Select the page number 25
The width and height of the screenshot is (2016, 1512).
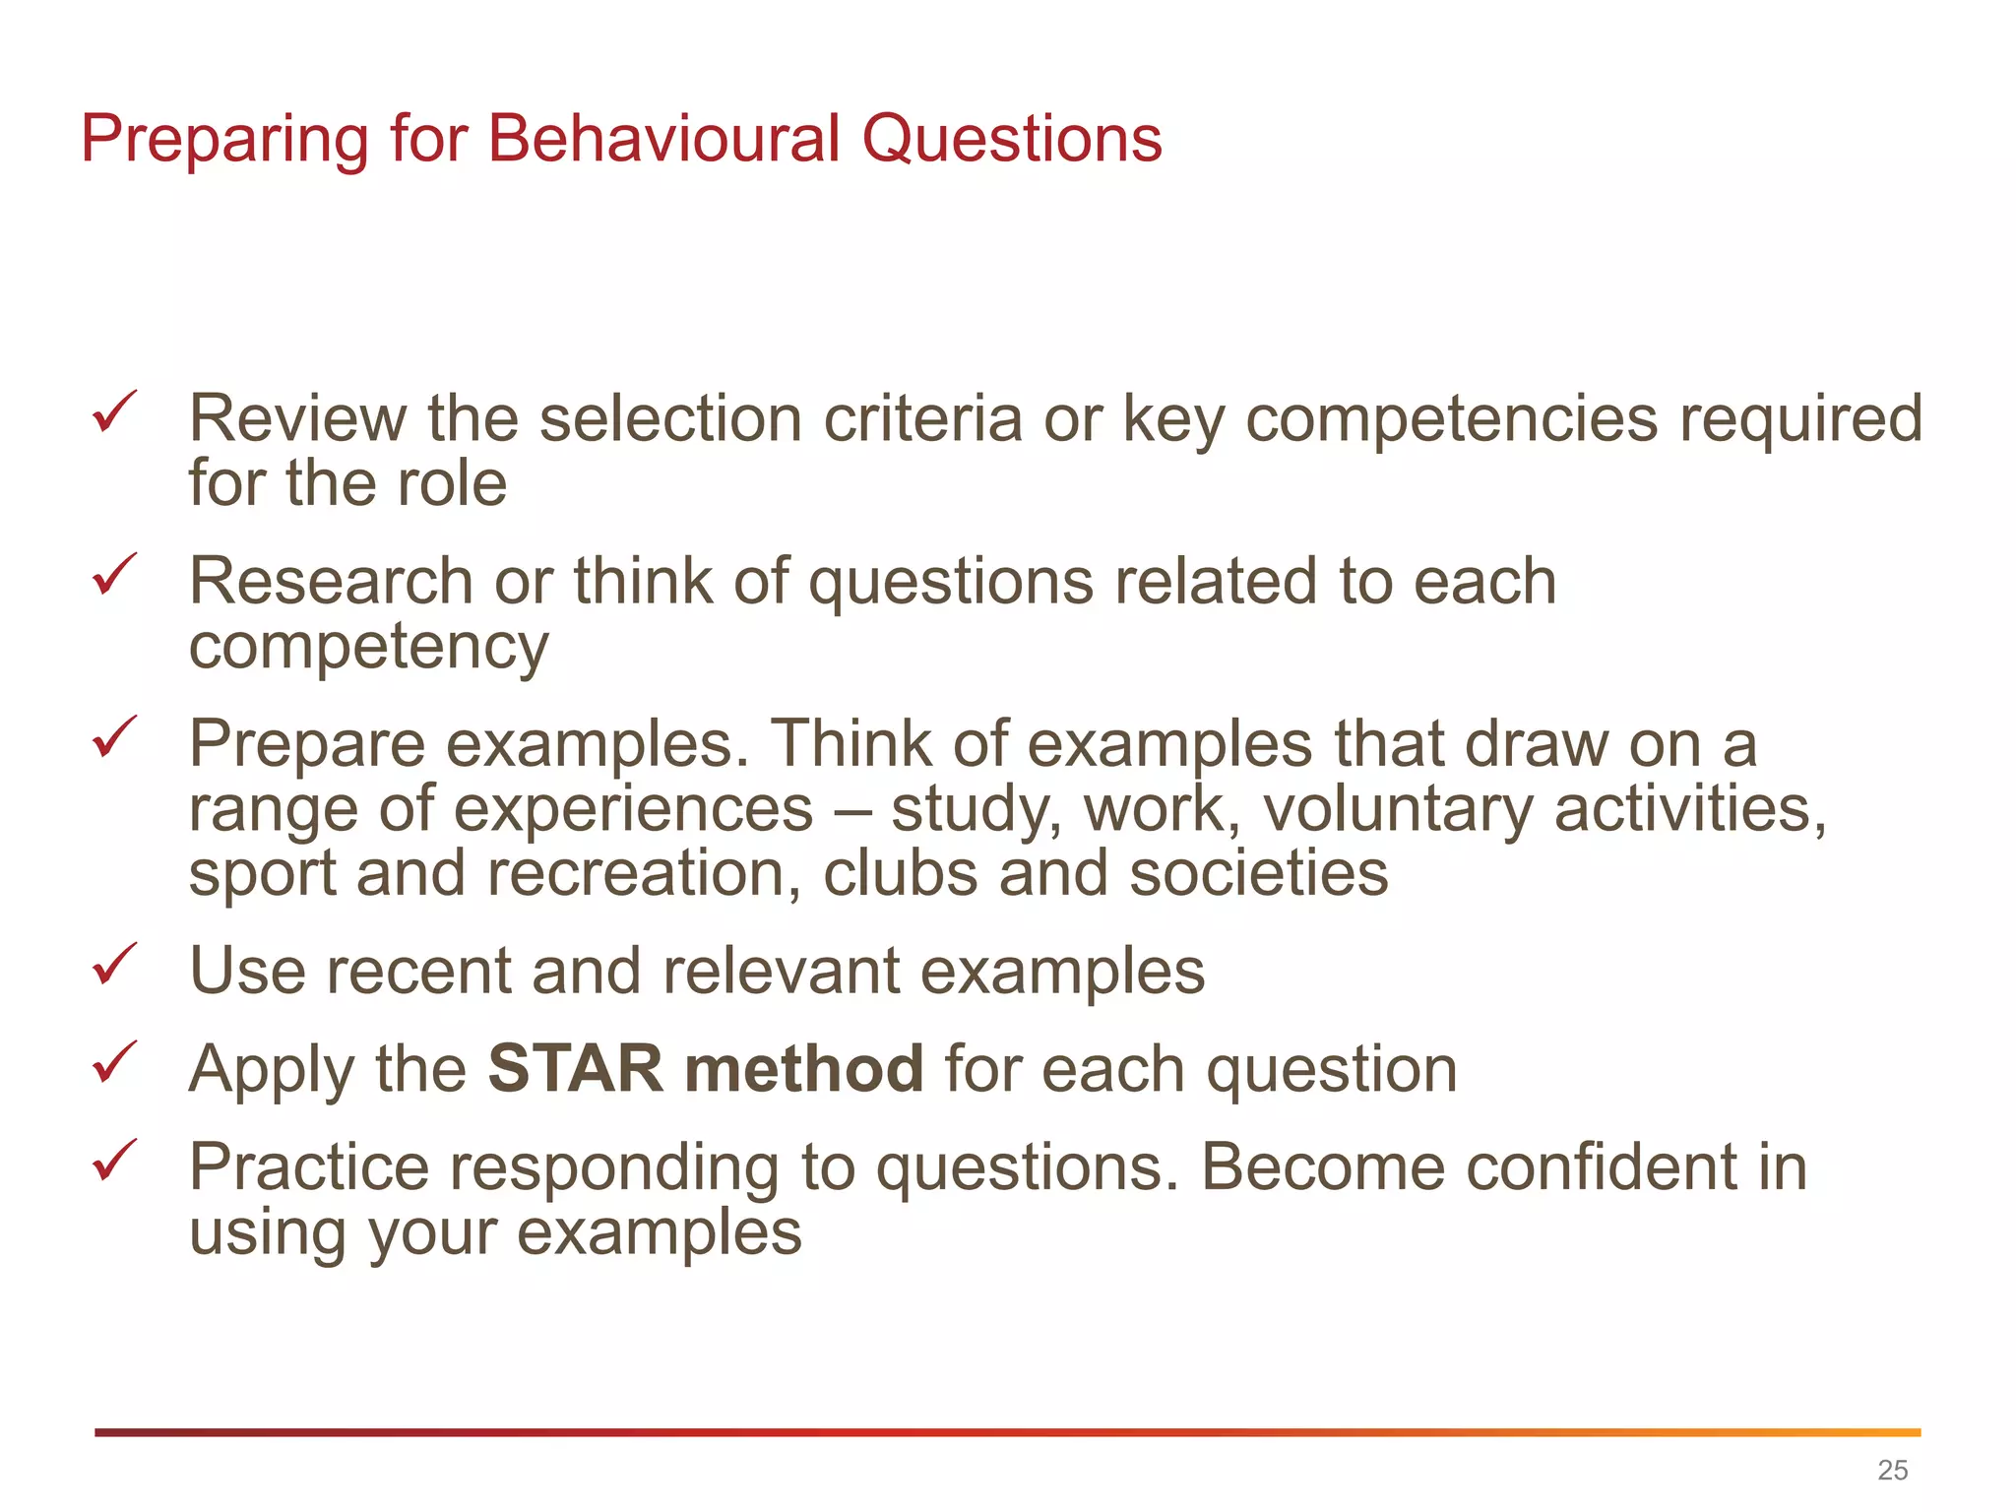click(1892, 1470)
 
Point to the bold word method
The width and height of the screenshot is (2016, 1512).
click(803, 1069)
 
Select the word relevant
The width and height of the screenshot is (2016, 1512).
click(781, 972)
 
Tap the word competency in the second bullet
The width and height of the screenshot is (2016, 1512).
click(368, 649)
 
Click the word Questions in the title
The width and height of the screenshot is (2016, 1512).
click(1012, 140)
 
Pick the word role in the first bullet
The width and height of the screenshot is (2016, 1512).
click(451, 484)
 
